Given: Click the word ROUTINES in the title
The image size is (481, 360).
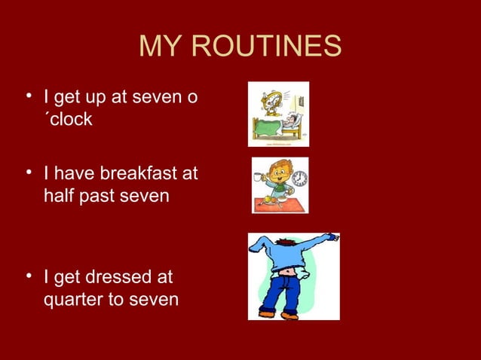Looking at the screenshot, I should click(266, 47).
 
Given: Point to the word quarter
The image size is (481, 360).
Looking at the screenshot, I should click(75, 299).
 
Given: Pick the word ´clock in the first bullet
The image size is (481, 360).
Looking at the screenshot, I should click(68, 119).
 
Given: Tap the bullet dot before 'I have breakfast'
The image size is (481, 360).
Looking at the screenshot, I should click(27, 173).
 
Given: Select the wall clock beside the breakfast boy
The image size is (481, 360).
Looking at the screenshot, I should click(299, 178).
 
